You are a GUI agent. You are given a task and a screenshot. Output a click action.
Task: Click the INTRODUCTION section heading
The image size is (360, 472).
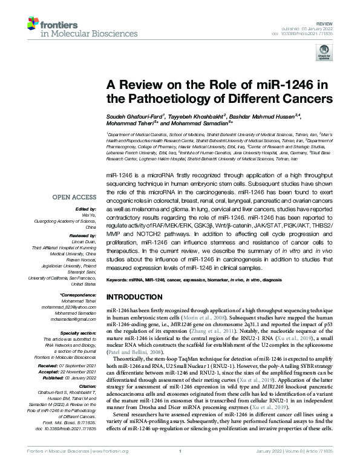click(136, 298)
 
